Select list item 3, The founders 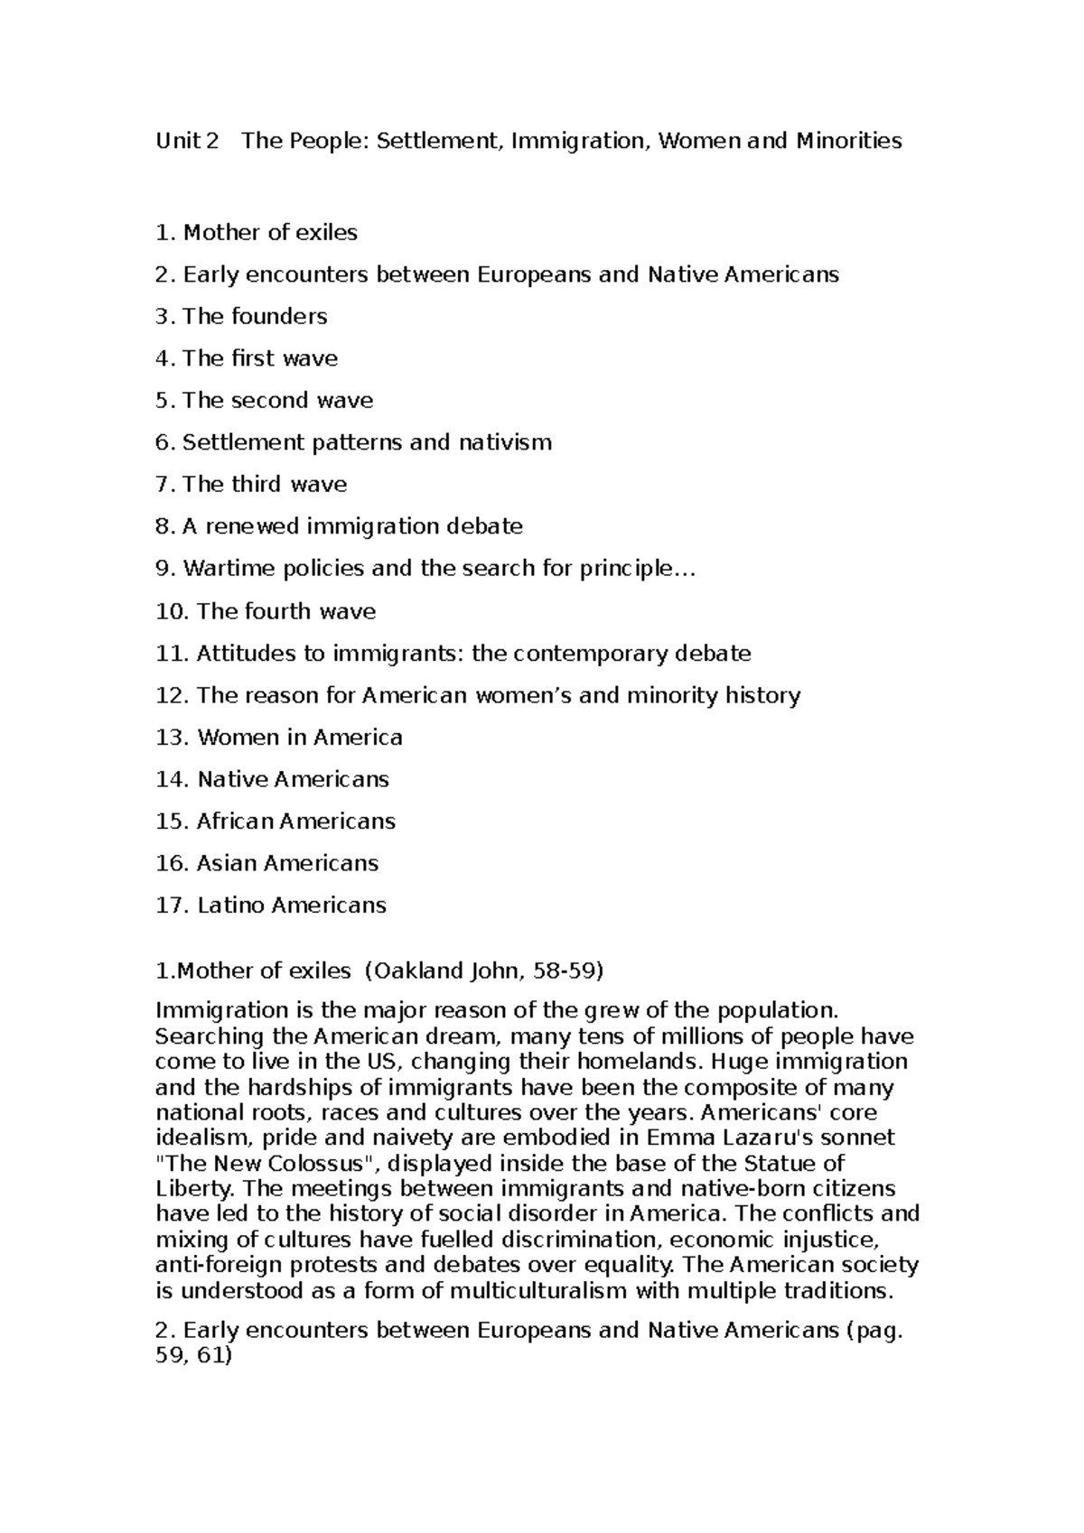241,317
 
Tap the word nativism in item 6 505,442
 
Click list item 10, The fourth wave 266,611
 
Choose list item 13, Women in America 279,738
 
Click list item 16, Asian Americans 266,863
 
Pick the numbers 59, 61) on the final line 194,1355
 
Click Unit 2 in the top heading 187,141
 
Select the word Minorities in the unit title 848,141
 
